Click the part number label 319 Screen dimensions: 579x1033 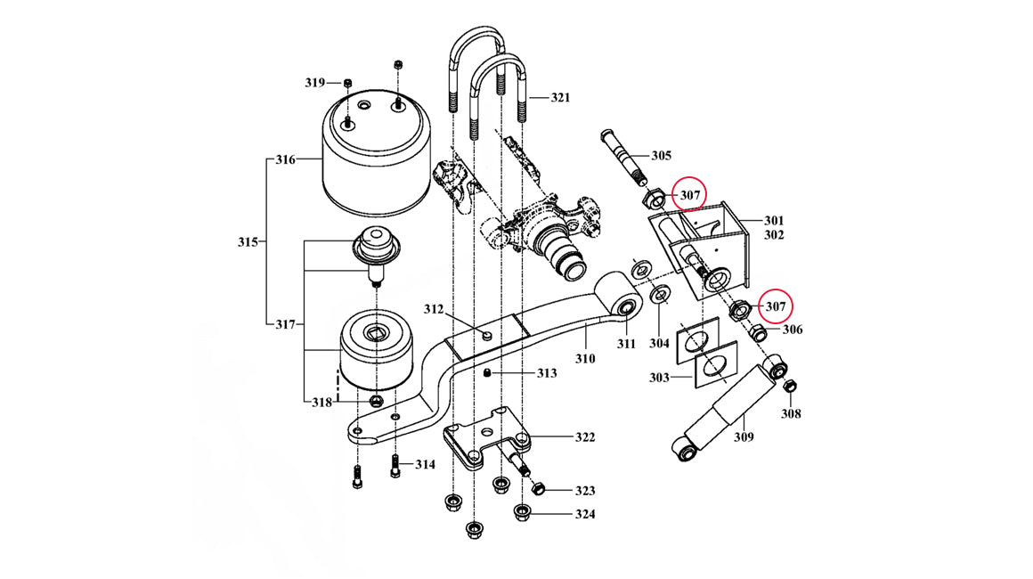point(314,83)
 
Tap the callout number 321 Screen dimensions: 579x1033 point(559,97)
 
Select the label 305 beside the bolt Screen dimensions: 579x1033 point(661,156)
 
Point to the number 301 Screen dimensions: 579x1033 point(773,220)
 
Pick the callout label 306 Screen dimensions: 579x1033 point(793,330)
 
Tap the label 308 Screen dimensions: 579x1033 point(791,413)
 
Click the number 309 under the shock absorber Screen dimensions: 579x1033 point(744,436)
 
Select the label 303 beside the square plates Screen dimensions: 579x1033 point(658,378)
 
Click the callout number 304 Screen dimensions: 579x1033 point(659,343)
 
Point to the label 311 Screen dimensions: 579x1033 point(626,343)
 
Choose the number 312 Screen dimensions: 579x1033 point(433,310)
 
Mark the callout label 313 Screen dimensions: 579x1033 point(546,373)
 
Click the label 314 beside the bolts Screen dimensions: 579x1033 point(425,464)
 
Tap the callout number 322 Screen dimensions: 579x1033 point(585,437)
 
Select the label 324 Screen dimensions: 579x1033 point(585,514)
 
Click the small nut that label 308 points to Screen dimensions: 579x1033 point(788,386)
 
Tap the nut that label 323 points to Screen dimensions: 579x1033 point(537,489)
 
